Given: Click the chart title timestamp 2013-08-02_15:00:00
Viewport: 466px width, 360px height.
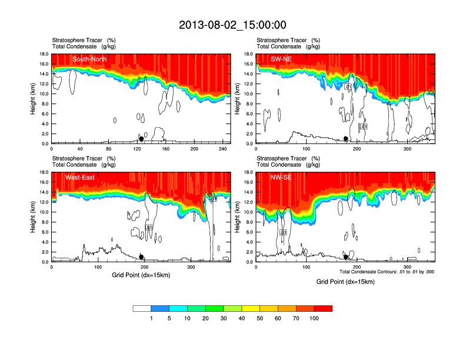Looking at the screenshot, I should point(232,25).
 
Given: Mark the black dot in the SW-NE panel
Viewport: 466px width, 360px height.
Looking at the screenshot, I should point(346,139).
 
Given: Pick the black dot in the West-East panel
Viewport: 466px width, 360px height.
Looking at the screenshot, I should point(141,257).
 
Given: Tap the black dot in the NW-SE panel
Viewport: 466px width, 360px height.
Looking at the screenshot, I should point(346,257).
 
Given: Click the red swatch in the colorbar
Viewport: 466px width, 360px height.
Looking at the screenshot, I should point(323,308).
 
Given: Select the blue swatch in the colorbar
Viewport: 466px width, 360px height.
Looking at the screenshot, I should point(160,308).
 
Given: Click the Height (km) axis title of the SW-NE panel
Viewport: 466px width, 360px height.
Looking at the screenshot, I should point(238,99).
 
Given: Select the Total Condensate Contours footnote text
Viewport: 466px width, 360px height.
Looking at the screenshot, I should point(387,272).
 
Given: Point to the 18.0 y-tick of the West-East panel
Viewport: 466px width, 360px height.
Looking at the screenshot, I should point(44,172).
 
